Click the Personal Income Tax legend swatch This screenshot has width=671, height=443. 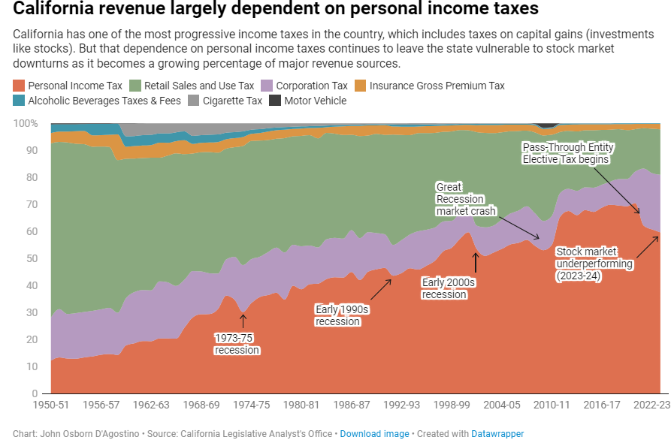coord(19,86)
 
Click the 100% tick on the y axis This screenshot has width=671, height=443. coord(25,123)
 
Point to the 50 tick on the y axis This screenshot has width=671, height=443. coord(32,258)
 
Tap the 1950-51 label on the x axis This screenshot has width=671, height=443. coord(50,405)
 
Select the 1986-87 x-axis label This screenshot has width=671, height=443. coord(350,405)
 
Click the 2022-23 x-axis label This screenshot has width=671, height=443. coord(650,405)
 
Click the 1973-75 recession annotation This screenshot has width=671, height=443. coord(237,344)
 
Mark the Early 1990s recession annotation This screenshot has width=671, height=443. coord(343,315)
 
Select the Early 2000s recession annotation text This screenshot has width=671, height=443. coord(449,288)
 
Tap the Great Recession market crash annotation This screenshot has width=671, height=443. coord(461,199)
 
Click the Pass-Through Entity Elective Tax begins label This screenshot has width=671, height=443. coord(565,153)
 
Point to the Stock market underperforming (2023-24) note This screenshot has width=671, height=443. coord(594,264)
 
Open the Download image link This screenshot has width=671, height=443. coord(374,434)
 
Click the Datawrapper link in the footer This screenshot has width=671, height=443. coord(497,434)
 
